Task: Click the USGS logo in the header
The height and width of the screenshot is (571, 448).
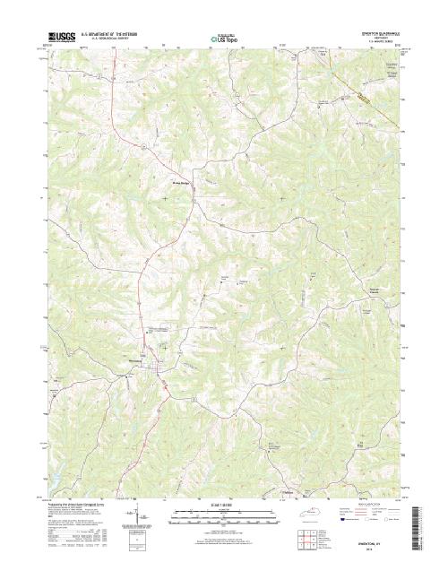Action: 60,39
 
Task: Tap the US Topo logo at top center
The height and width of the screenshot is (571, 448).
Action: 224,39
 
